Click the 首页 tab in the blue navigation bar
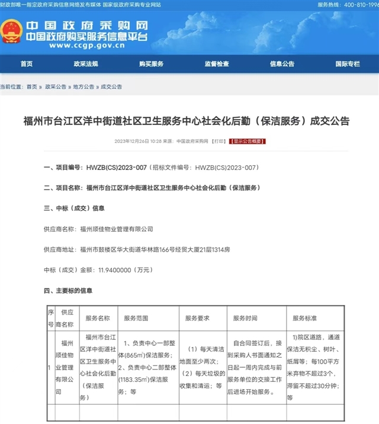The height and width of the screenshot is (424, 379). (26, 64)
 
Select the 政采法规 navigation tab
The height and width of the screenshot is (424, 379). (85, 64)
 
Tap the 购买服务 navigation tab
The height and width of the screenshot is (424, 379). (151, 64)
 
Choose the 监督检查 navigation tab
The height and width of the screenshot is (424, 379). (217, 64)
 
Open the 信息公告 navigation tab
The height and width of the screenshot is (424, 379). (282, 64)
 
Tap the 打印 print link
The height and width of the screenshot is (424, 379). (219, 142)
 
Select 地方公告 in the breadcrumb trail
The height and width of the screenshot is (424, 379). (83, 86)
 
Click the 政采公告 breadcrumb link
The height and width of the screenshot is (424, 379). (56, 86)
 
